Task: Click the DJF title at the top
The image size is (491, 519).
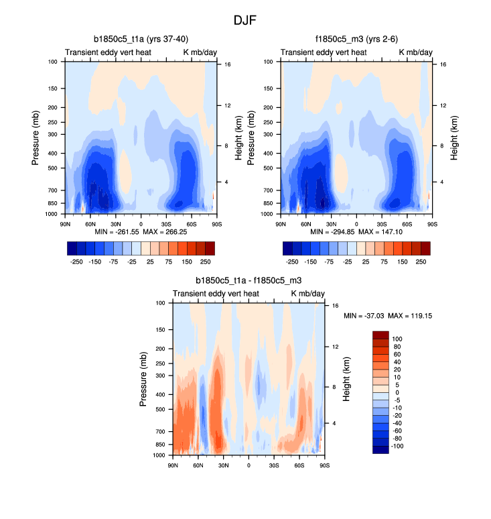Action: click(x=245, y=20)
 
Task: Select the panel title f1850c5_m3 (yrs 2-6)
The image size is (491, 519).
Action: click(x=356, y=39)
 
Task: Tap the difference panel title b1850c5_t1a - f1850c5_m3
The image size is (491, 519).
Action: click(x=249, y=280)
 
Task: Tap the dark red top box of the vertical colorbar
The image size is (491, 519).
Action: click(x=380, y=335)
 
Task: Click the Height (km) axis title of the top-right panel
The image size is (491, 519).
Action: click(x=454, y=137)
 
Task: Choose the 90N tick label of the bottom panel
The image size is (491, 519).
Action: click(x=173, y=465)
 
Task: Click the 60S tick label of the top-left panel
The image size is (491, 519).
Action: click(x=190, y=223)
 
